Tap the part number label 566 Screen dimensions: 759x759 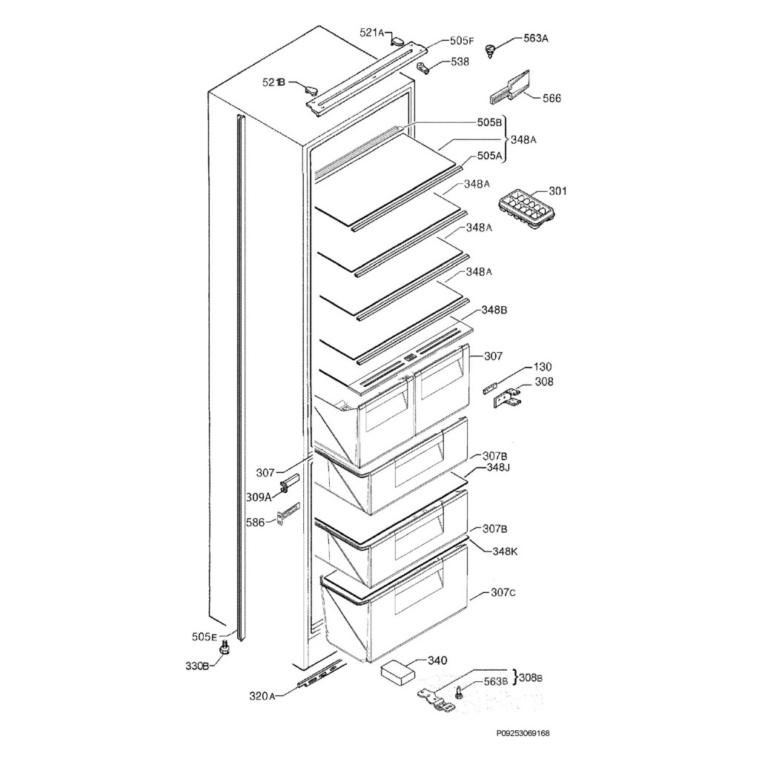click(551, 98)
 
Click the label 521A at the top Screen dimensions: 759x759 click(372, 32)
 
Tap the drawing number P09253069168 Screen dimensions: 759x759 click(523, 733)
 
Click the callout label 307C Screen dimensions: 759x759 click(504, 593)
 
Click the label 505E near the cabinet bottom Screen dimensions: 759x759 click(204, 637)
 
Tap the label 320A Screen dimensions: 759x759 click(262, 696)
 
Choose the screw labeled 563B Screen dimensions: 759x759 click(460, 694)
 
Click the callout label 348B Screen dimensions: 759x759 click(494, 309)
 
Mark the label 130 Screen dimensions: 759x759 click(543, 367)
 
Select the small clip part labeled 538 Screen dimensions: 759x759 click(423, 67)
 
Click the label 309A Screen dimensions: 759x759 click(259, 497)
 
